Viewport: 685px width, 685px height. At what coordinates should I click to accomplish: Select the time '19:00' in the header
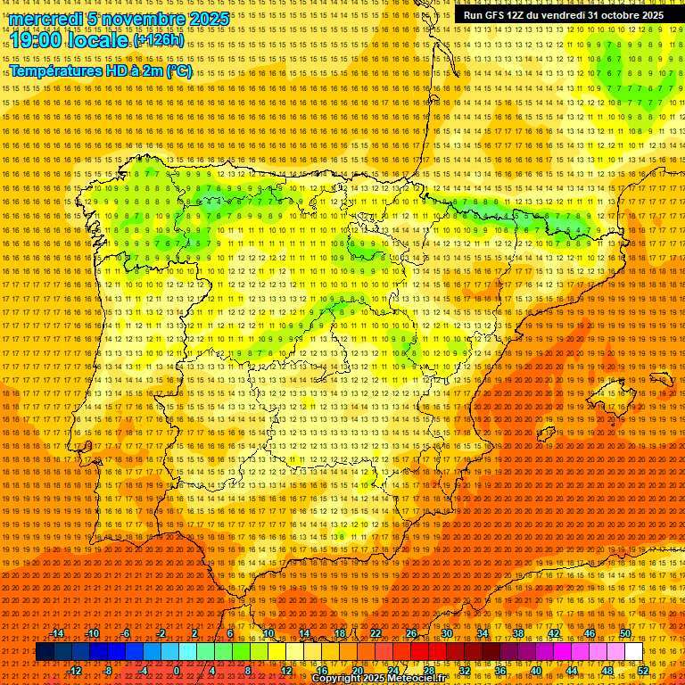click(x=36, y=41)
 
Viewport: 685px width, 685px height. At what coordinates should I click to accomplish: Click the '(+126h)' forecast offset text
click(x=159, y=41)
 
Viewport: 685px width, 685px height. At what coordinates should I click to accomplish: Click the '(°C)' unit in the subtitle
click(x=178, y=71)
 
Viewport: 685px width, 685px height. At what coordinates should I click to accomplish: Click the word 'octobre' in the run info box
click(x=610, y=15)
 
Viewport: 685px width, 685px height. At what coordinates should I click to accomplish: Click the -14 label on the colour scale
click(x=57, y=633)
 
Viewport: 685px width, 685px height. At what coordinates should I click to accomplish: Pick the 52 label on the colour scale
click(x=643, y=670)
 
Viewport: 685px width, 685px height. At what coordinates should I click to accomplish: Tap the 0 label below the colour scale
click(x=177, y=670)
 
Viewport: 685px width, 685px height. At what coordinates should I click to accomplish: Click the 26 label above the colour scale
click(x=411, y=633)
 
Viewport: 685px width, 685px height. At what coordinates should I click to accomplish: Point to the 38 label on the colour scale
click(x=518, y=633)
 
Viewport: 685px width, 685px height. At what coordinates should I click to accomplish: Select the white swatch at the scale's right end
click(x=634, y=652)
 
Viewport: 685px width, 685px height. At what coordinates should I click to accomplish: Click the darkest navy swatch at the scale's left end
click(x=45, y=652)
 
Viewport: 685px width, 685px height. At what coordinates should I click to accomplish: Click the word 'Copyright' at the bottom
click(x=340, y=679)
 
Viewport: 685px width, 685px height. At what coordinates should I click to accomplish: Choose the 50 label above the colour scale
click(x=625, y=633)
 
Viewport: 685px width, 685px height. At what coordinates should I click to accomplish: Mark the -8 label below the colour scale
click(x=108, y=670)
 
